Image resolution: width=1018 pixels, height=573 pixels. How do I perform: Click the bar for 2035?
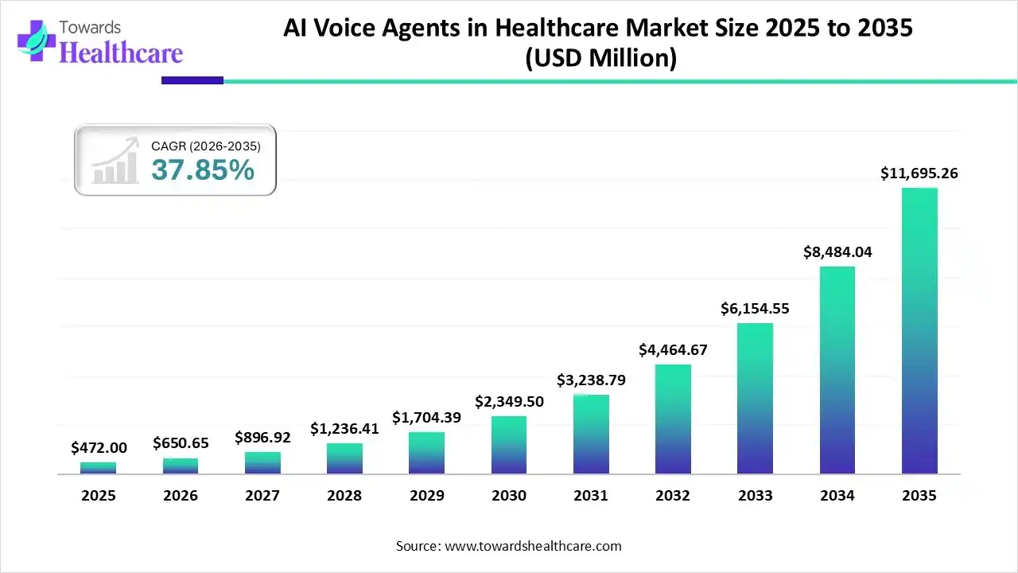point(919,331)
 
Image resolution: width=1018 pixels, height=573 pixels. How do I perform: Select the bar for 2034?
point(837,370)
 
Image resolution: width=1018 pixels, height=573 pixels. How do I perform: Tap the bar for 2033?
point(755,399)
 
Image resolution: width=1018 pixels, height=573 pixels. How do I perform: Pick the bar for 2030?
point(509,445)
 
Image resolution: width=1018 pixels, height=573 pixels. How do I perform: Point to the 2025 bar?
point(98,468)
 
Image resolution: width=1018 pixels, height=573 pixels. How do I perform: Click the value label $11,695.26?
point(919,173)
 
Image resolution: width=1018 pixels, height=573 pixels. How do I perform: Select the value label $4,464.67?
point(673,349)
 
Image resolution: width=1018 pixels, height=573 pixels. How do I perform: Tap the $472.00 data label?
point(98,448)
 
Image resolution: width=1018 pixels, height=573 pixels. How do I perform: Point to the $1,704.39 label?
point(426,417)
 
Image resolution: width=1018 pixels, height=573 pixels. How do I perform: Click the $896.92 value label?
point(262,437)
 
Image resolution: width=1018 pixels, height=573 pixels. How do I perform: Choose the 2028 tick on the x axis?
point(344,496)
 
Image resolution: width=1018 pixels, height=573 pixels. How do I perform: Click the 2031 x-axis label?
point(591,496)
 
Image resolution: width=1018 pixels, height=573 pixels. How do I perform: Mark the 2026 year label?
point(181,496)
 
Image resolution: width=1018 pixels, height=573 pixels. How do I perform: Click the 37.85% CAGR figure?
point(203,170)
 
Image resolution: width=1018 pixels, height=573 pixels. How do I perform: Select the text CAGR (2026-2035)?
point(206,146)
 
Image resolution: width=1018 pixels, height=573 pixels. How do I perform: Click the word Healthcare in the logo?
point(121,53)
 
